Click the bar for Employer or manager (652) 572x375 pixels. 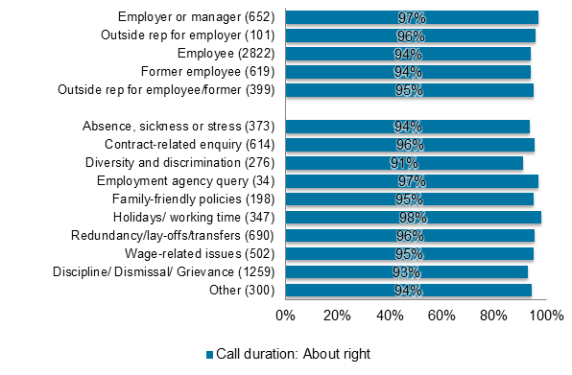[412, 17]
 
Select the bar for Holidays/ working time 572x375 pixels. [413, 218]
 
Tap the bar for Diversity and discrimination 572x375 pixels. [404, 163]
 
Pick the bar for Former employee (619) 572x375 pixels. [408, 72]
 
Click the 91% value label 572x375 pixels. [404, 163]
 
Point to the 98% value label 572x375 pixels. [413, 218]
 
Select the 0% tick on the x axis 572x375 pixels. [285, 315]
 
